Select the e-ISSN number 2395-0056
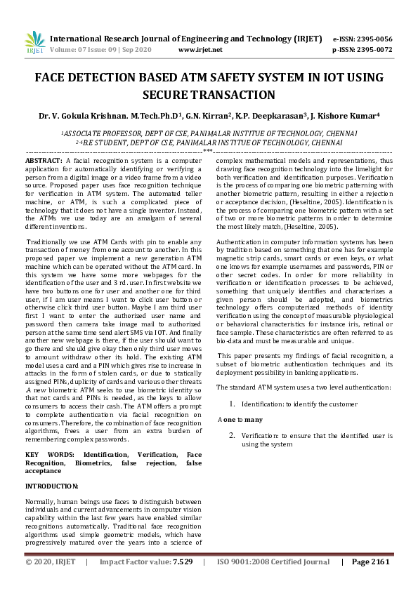coord(373,39)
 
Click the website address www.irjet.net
coord(200,50)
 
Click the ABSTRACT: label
coord(44,161)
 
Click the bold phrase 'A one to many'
coord(240,420)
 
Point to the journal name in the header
coord(176,39)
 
